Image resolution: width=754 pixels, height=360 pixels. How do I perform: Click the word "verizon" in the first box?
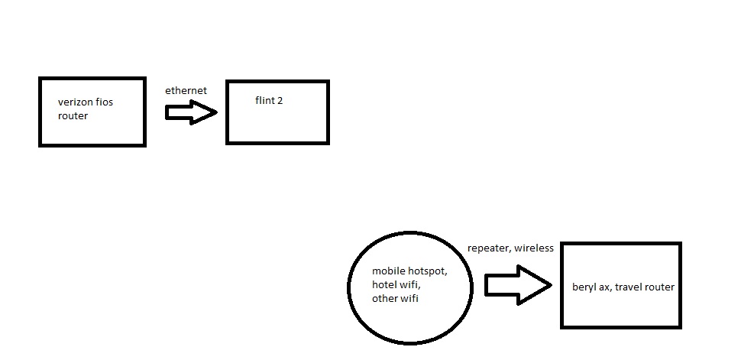coord(74,102)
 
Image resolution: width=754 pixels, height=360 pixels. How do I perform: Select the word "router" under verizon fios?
coord(73,115)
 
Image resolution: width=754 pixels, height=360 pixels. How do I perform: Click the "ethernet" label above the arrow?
coord(186,90)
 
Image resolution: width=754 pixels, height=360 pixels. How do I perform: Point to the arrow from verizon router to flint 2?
coord(191,113)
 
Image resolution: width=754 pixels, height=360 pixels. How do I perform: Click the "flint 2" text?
coord(269,100)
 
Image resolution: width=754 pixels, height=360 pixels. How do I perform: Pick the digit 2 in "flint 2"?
coord(280,100)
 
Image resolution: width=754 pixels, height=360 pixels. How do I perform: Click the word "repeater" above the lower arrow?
coord(490,248)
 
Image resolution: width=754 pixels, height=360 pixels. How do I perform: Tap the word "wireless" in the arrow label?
coord(536,248)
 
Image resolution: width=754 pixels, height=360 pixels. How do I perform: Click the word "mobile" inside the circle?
coord(387,271)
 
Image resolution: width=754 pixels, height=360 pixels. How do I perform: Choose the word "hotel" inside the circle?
coord(384,285)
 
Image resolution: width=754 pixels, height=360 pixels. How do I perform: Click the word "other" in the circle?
coord(385,299)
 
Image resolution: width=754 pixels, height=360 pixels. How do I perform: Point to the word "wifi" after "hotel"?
coord(409,285)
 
